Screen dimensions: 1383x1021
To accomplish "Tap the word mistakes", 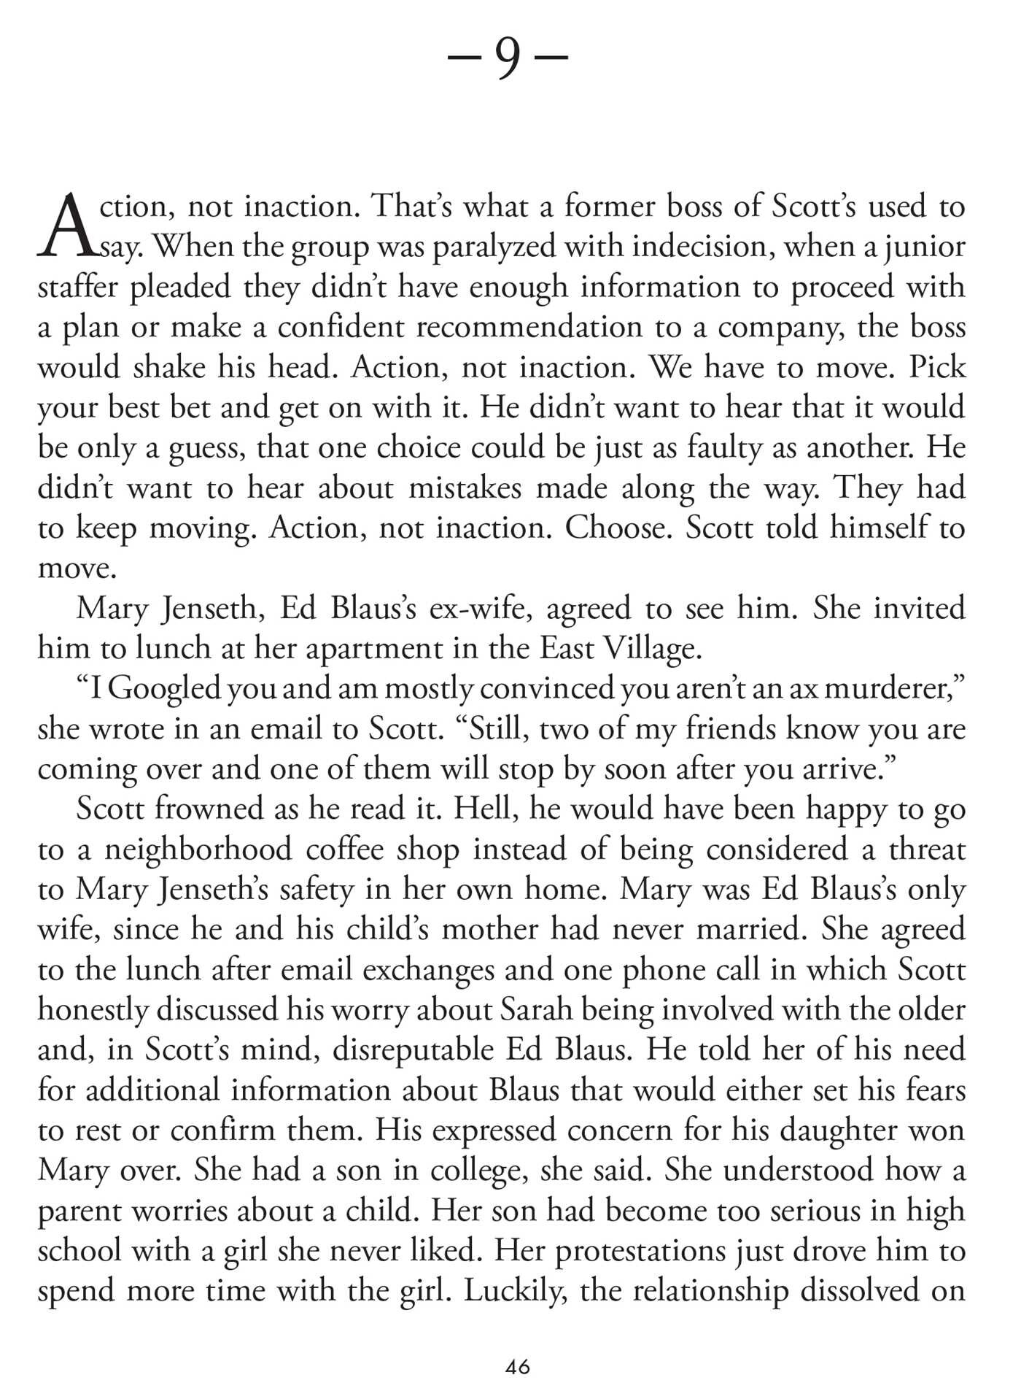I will (465, 488).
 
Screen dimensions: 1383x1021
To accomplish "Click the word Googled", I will (166, 690).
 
